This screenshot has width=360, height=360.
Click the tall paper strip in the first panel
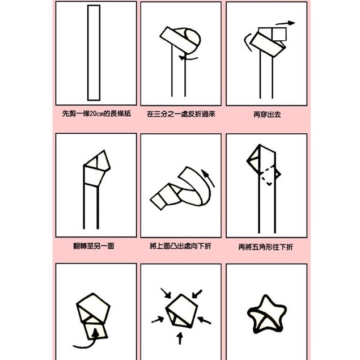pos(94,52)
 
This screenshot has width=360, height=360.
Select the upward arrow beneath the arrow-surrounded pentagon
pos(180,339)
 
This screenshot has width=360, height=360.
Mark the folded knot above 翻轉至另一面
pos(95,168)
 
